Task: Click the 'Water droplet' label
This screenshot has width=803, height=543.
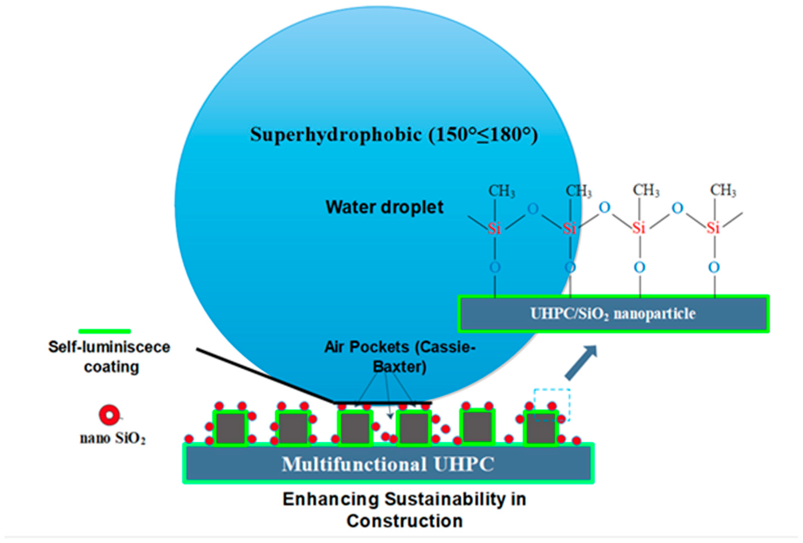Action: tap(384, 207)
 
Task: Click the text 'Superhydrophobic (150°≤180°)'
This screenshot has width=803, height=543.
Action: tap(394, 135)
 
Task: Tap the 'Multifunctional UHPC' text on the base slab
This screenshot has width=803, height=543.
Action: tap(388, 464)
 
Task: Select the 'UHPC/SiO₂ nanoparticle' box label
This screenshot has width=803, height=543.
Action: tap(613, 314)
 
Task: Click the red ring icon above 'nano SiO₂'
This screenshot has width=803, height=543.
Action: tap(109, 415)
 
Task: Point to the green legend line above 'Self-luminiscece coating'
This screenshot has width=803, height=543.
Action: tap(105, 331)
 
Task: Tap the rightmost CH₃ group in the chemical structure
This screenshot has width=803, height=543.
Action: tap(723, 190)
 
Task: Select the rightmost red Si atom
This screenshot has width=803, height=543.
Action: tap(713, 228)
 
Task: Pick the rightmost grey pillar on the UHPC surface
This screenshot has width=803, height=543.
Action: tap(541, 429)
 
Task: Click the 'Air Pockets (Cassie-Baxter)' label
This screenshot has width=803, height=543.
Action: tap(400, 357)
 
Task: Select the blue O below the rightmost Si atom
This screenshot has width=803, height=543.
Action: tap(714, 267)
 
